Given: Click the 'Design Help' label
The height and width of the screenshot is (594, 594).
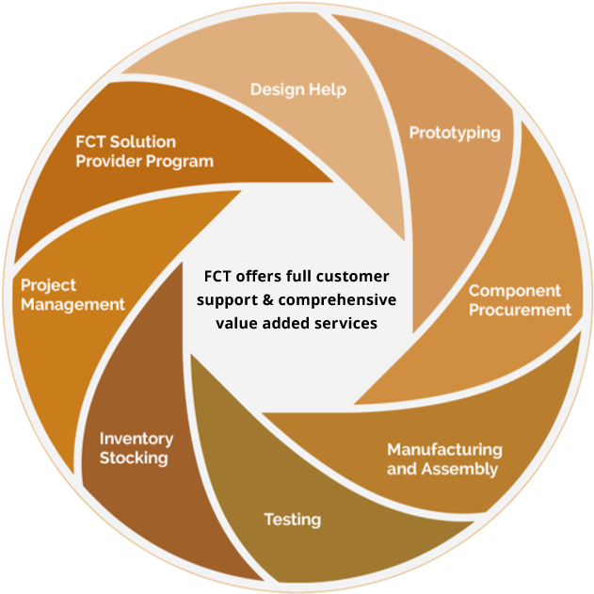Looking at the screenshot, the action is (298, 89).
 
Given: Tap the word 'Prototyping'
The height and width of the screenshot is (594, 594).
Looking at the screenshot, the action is (455, 134).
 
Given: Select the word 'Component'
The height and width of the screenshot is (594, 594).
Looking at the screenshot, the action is (514, 291).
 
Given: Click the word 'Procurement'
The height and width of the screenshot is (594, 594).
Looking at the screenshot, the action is (520, 310).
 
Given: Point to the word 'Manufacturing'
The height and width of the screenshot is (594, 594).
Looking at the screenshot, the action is (444, 449).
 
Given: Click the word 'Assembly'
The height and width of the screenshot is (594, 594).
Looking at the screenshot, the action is (459, 470).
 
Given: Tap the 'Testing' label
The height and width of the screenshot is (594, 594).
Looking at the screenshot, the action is (293, 520).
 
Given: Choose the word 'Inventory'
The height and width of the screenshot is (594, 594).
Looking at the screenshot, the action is (136, 439).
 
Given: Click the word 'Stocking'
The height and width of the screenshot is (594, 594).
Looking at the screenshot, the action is (134, 458).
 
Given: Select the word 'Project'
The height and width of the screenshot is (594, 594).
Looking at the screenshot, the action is (49, 285).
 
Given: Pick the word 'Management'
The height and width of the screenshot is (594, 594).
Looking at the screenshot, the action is (72, 305).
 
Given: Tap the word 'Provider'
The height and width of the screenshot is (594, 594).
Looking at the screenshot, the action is (108, 161).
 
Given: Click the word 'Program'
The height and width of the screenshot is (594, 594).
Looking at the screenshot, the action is (180, 162).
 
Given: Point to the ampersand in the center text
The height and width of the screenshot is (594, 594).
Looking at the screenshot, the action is (267, 299).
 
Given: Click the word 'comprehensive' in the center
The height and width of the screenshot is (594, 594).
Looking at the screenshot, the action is (337, 300).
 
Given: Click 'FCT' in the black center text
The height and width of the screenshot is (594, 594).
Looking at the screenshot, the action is (217, 276).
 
